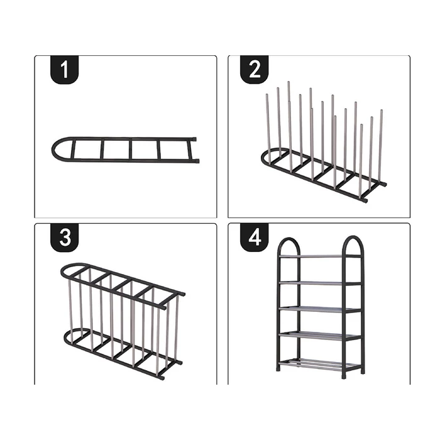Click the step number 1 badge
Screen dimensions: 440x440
[64, 70]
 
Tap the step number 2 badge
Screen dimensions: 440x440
[254, 70]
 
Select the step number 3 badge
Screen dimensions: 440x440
[64, 238]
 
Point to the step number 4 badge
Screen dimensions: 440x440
[254, 238]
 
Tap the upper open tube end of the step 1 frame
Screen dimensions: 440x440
[194, 139]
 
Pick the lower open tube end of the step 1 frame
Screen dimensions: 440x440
[197, 161]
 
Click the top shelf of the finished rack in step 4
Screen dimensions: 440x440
[320, 256]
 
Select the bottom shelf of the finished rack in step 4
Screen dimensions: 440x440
[320, 364]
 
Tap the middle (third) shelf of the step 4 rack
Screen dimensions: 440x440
[320, 309]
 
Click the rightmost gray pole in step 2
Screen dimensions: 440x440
[381, 146]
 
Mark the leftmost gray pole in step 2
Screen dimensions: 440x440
[268, 129]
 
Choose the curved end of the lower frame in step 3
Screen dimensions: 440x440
[67, 338]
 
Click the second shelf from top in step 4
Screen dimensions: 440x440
[320, 283]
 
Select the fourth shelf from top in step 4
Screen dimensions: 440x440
[320, 335]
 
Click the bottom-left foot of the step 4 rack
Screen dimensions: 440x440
[278, 368]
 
